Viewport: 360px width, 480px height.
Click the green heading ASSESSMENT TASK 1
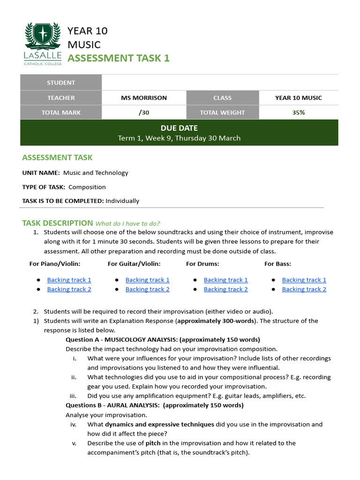pos(119,58)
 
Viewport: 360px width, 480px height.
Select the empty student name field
pos(219,82)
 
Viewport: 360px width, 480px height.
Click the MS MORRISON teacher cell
pos(144,98)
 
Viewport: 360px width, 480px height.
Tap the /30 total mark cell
pos(144,112)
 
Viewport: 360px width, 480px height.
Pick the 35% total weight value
pos(298,112)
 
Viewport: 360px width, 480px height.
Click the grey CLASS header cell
pos(222,98)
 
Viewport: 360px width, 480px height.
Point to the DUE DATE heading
pos(179,128)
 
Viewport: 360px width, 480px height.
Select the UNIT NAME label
pos(41,173)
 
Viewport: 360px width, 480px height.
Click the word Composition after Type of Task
pos(87,187)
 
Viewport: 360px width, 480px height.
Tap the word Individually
pos(122,201)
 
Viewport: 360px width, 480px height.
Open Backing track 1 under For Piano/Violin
pos(69,280)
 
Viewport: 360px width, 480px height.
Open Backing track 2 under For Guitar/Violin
pos(147,290)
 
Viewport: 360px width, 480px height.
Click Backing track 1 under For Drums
pos(225,280)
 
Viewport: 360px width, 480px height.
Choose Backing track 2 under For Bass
pos(304,290)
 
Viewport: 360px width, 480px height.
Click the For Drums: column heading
pos(202,264)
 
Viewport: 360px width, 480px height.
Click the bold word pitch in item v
pos(153,443)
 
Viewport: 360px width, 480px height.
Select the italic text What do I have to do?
pos(128,224)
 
